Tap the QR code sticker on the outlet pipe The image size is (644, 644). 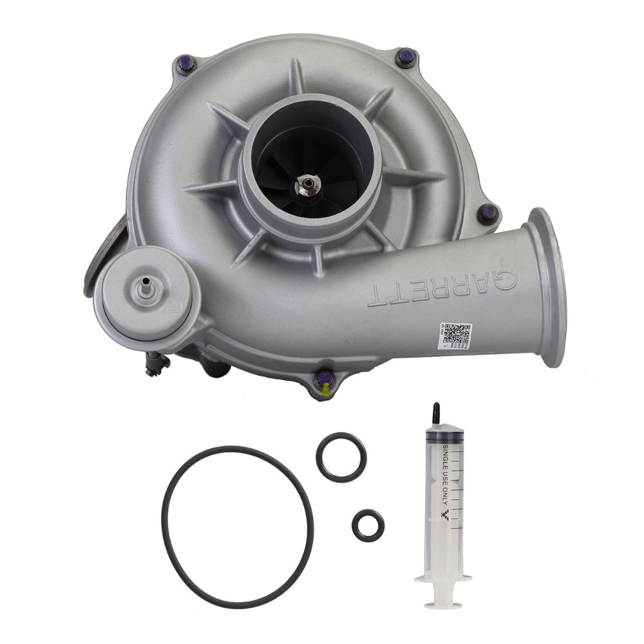(x=455, y=336)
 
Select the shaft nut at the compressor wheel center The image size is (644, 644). (x=308, y=185)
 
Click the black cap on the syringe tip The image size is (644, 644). (x=437, y=413)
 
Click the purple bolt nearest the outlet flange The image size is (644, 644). (x=488, y=212)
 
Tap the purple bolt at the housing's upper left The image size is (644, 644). (x=186, y=64)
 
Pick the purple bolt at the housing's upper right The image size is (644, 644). (x=406, y=57)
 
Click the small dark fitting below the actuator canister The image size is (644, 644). (x=155, y=365)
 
